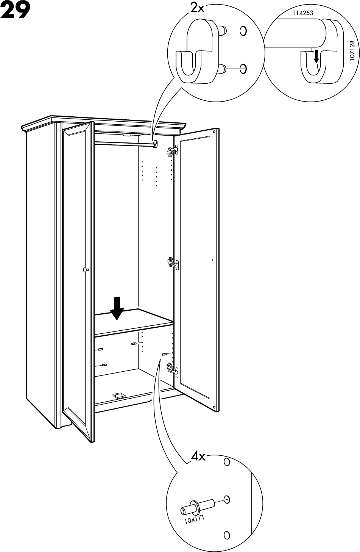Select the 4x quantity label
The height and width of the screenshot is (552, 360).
198,457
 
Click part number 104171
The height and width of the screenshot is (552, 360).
194,518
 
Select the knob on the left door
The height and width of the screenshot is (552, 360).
85,270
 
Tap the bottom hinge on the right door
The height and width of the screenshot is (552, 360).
171,367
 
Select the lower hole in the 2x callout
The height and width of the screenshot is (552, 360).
243,68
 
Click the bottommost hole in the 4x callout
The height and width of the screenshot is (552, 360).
226,535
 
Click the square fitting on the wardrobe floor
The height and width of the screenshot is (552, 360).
118,395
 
